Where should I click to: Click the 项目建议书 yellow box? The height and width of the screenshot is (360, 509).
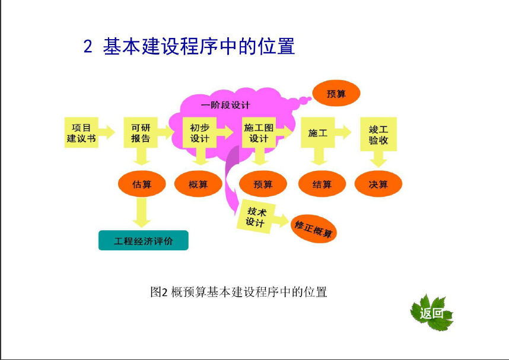(81, 132)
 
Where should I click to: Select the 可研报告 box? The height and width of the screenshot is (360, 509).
(141, 132)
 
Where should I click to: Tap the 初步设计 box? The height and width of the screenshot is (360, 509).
(200, 132)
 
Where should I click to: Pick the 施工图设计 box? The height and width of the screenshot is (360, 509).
(259, 132)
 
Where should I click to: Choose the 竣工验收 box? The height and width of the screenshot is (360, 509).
(378, 134)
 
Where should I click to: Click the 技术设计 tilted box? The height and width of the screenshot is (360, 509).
(256, 216)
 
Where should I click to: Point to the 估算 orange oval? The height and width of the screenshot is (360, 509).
(142, 184)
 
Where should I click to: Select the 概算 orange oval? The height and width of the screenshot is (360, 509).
(198, 184)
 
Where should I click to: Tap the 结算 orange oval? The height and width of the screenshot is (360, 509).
(322, 184)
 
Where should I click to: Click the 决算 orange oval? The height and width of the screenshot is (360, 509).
(378, 184)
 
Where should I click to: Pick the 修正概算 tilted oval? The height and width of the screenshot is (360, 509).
(313, 228)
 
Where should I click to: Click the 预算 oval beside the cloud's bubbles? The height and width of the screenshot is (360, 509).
(336, 94)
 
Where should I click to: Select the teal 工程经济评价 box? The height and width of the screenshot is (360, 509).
(143, 240)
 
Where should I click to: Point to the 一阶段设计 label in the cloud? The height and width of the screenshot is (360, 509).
(225, 105)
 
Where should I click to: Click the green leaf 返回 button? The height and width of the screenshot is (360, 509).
(431, 313)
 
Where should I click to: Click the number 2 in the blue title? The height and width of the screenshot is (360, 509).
(88, 46)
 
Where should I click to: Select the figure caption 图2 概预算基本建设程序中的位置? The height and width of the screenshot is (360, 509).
(238, 292)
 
